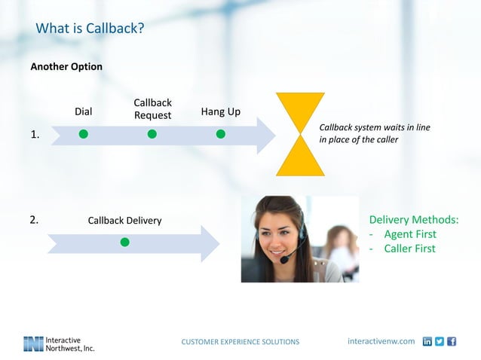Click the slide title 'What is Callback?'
[90, 29]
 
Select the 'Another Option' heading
[66, 66]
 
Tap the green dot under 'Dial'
[84, 134]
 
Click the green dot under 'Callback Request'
[152, 134]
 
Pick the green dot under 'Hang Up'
[221, 134]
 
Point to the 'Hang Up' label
[221, 111]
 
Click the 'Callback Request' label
[152, 108]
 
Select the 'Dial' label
[83, 111]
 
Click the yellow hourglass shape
[300, 134]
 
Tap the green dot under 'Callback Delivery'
[124, 242]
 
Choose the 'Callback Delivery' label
[124, 221]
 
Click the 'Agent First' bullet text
[409, 234]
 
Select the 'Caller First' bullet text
[409, 249]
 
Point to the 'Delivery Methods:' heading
[413, 220]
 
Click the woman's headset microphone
[286, 260]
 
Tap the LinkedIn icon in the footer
[427, 341]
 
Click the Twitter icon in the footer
[440, 341]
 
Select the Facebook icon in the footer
[452, 341]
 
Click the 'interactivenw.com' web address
[381, 341]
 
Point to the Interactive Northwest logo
[59, 343]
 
